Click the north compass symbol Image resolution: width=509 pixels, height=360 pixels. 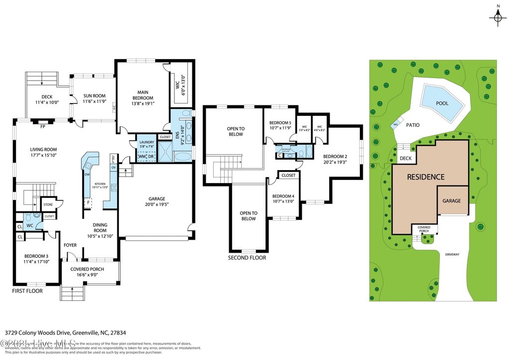pyautogui.click(x=497, y=17)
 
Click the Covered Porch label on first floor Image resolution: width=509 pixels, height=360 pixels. pyautogui.click(x=90, y=269)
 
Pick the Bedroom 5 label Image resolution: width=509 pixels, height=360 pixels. pyautogui.click(x=280, y=123)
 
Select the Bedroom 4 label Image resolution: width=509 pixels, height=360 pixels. pyautogui.click(x=283, y=195)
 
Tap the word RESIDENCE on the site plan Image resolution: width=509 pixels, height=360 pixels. pyautogui.click(x=426, y=177)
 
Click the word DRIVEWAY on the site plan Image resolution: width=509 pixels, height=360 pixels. pyautogui.click(x=452, y=254)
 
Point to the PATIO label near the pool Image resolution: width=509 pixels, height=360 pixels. pyautogui.click(x=413, y=126)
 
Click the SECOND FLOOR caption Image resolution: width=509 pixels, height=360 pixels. pyautogui.click(x=247, y=258)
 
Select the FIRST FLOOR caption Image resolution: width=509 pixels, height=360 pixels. pyautogui.click(x=27, y=291)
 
